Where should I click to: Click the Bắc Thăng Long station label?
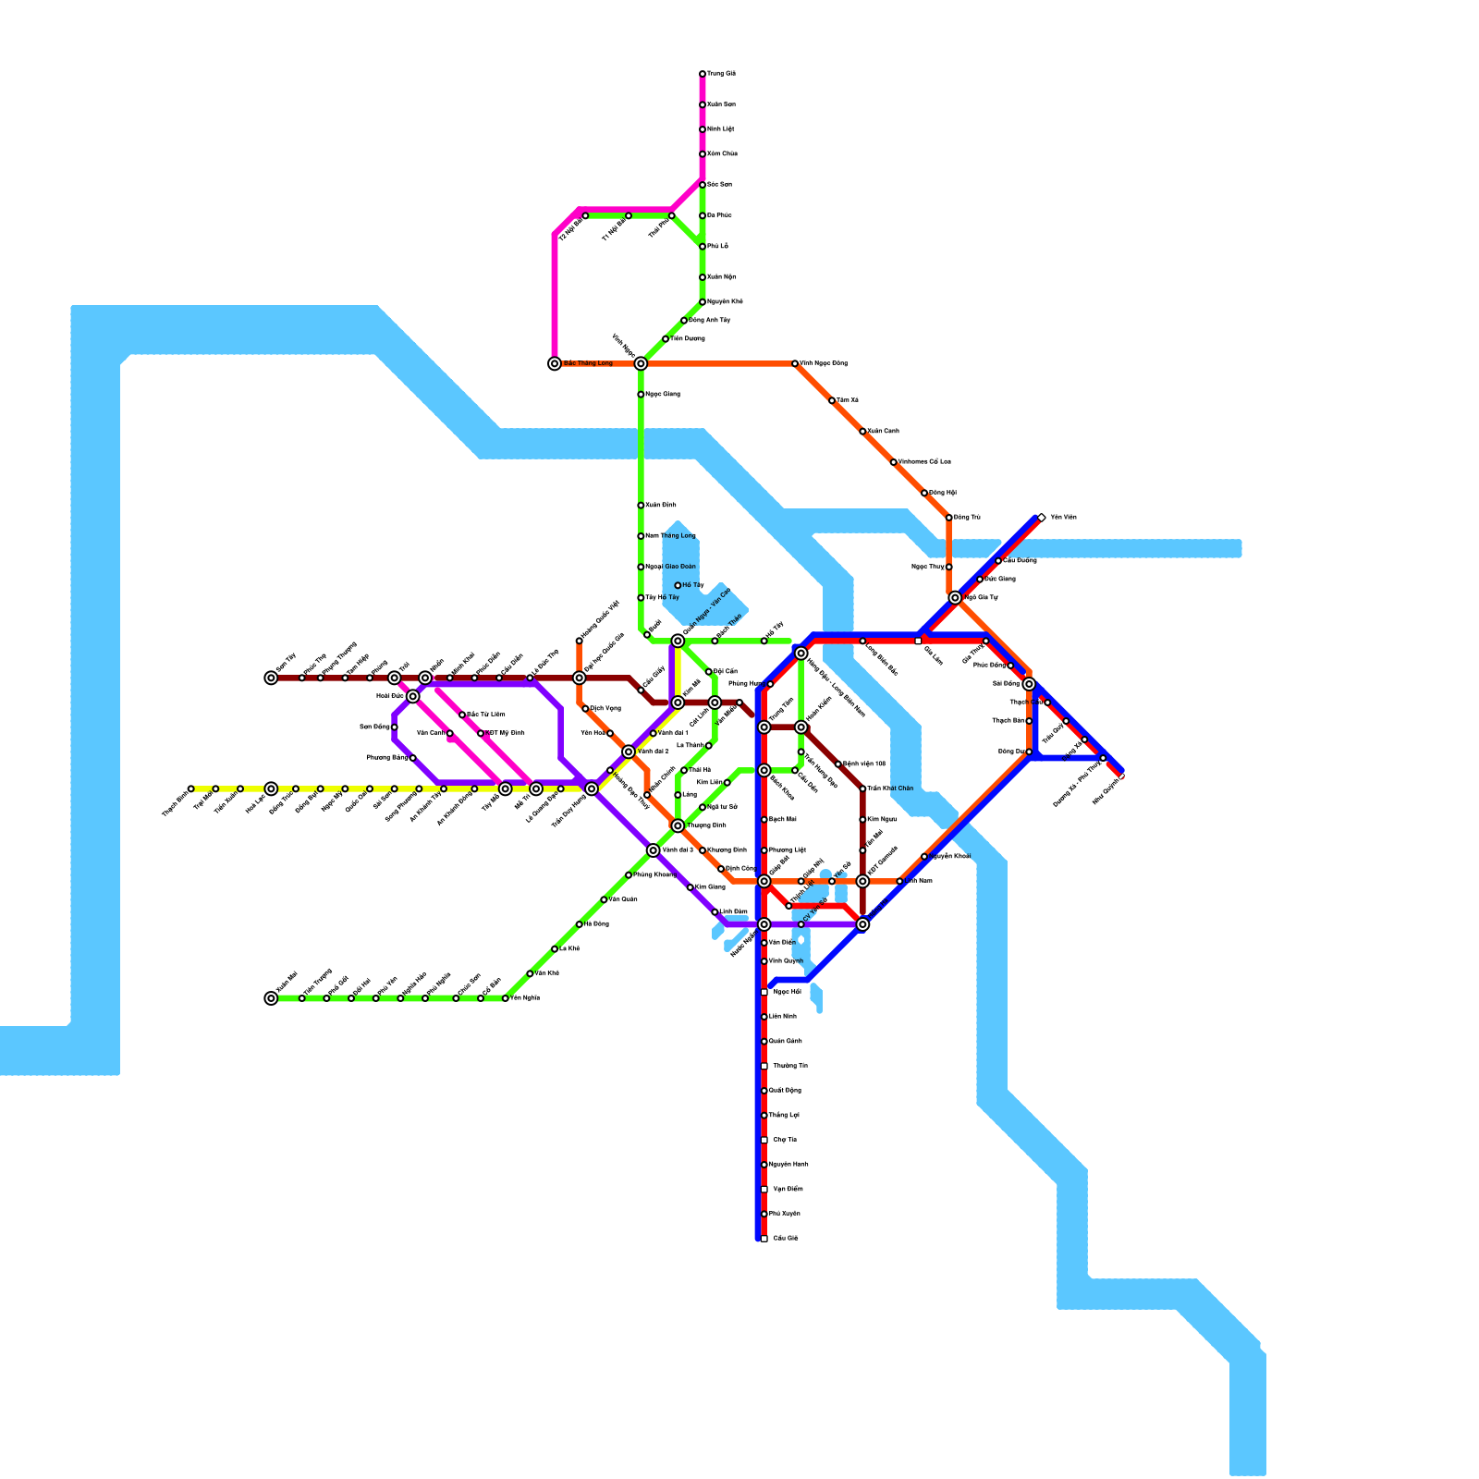[x=588, y=363]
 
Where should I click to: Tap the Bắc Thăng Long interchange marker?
[x=555, y=364]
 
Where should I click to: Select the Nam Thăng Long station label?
[x=670, y=536]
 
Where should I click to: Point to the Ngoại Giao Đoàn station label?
[x=670, y=567]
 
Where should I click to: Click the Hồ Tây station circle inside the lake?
[x=678, y=585]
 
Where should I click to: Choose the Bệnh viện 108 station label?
[x=864, y=764]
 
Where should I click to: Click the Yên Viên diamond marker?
[x=1042, y=518]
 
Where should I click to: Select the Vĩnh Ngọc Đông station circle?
[x=795, y=364]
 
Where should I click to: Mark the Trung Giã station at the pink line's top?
[x=703, y=74]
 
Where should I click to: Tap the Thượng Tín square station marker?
[x=764, y=1066]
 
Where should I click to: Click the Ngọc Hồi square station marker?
[x=764, y=992]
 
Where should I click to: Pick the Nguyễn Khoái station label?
[x=949, y=856]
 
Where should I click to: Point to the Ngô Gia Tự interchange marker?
[x=955, y=598]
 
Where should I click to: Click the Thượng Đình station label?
[x=706, y=825]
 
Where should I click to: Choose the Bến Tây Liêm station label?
[x=486, y=715]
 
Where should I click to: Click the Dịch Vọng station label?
[x=605, y=709]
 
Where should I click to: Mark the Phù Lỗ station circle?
[x=703, y=247]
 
